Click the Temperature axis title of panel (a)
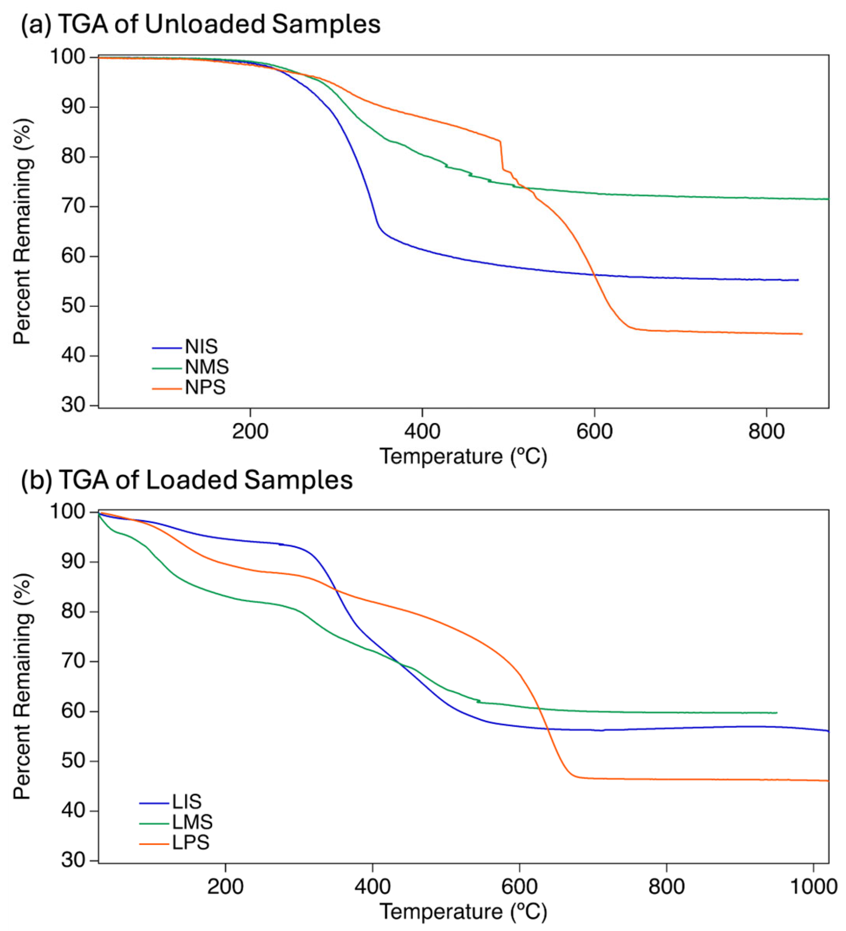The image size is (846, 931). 463,456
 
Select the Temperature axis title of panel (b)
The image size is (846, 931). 463,912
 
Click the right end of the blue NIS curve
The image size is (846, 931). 797,280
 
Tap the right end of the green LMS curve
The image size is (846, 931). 777,713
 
